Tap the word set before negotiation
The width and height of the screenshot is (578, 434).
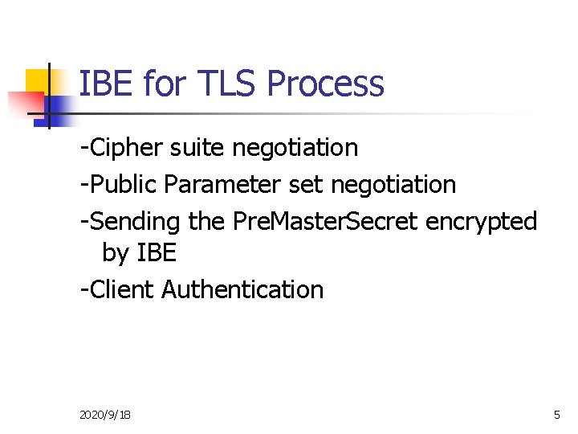coord(305,185)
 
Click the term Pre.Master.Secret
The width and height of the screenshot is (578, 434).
coord(325,220)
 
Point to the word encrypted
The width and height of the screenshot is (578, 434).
coord(481,221)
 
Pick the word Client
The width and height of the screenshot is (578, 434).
coord(121,289)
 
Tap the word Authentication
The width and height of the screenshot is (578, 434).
coord(242,289)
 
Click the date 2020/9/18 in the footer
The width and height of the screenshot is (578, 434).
coord(106,415)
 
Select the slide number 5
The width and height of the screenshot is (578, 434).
coord(556,415)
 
